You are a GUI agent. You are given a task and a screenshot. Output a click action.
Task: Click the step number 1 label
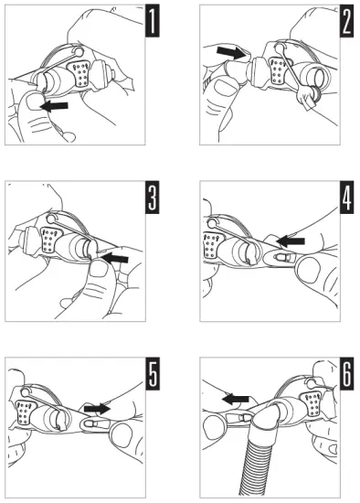pyautogui.click(x=153, y=21)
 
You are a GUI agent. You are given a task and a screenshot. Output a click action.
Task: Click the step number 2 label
pyautogui.click(x=347, y=21)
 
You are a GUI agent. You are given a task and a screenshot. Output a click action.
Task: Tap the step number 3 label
pyautogui.click(x=153, y=198)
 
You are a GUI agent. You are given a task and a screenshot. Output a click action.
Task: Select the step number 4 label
pyautogui.click(x=347, y=198)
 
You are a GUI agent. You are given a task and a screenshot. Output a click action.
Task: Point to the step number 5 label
pyautogui.click(x=153, y=374)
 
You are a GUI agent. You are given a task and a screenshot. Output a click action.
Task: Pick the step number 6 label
pyautogui.click(x=347, y=374)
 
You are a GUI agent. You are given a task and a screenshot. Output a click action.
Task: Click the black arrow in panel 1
pyautogui.click(x=54, y=106)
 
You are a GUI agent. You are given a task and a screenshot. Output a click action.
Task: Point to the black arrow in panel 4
pyautogui.click(x=291, y=241)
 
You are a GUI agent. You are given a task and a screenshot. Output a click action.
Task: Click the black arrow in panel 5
pyautogui.click(x=98, y=409)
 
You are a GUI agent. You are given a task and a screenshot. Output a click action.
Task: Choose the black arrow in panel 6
pyautogui.click(x=236, y=400)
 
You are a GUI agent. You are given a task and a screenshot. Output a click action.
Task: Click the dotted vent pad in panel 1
pyautogui.click(x=79, y=73)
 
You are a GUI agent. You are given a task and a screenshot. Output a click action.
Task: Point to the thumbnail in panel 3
pyautogui.click(x=99, y=269)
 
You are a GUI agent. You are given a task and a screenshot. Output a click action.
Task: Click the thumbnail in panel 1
pyautogui.click(x=34, y=101)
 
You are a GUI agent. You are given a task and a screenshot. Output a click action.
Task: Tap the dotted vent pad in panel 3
pyautogui.click(x=49, y=240)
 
